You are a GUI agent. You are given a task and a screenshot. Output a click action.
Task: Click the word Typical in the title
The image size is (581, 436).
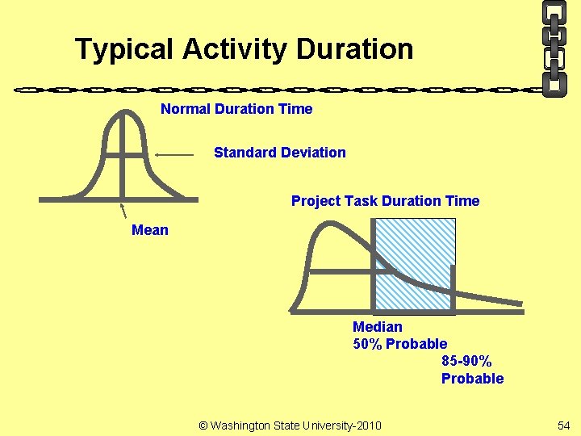[x=125, y=49]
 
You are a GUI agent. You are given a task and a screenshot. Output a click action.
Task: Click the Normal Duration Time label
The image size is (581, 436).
[x=236, y=109]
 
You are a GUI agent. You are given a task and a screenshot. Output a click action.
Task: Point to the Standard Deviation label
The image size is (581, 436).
[x=279, y=153]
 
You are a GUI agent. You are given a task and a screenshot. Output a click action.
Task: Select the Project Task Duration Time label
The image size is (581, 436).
[x=385, y=201]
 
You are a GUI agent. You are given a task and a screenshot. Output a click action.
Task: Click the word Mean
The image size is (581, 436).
[x=150, y=230]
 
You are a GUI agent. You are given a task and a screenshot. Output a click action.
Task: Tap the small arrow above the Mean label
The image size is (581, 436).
[x=125, y=212]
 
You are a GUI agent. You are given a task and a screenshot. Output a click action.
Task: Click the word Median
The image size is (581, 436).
[x=377, y=327]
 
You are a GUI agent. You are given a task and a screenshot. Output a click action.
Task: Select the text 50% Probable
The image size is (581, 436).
[x=399, y=344]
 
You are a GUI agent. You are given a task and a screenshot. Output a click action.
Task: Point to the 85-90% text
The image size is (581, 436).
[x=466, y=361]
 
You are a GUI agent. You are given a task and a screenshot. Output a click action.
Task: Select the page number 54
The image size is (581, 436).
[x=562, y=426]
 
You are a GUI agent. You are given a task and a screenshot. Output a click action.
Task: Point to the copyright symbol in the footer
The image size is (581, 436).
[x=203, y=426]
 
